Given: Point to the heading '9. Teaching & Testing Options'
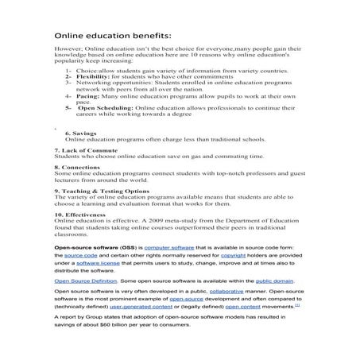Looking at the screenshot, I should coord(101,191).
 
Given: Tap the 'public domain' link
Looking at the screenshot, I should coord(274,281).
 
